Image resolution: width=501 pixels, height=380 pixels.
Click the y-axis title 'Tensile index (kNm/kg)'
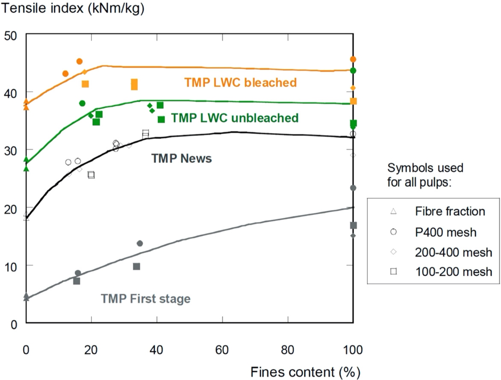point(72,9)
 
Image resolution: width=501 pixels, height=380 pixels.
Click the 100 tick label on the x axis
point(353,350)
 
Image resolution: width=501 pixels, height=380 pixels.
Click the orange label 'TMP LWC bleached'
point(240,82)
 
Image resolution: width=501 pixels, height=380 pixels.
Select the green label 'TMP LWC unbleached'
point(235,118)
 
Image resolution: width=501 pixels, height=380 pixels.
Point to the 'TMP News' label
point(181,159)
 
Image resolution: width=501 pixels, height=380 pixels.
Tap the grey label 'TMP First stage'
point(145,298)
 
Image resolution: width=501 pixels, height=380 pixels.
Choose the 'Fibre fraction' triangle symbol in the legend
point(394,211)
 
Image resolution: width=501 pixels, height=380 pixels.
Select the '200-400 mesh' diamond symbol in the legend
point(394,253)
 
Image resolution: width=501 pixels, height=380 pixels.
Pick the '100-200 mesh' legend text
point(453,271)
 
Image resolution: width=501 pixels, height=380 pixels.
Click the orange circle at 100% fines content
point(353,59)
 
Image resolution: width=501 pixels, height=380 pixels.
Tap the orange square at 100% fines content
point(354,101)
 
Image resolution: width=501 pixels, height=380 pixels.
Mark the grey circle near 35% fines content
point(140,244)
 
